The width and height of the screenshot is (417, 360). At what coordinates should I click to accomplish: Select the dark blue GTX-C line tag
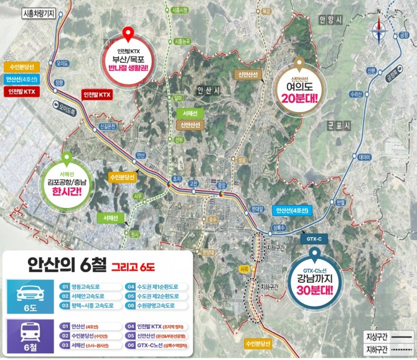(312, 238)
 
